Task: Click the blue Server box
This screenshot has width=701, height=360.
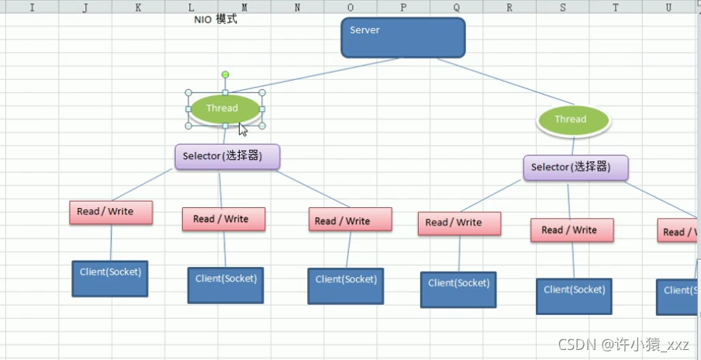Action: point(403,37)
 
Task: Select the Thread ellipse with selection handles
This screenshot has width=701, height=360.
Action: point(225,109)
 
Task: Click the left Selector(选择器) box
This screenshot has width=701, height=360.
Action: point(227,157)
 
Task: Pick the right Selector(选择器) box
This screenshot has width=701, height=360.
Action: point(575,168)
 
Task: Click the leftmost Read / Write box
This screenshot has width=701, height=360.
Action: point(111,212)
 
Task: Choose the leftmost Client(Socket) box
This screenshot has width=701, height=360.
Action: point(110,279)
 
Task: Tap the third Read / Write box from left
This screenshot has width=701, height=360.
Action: point(350,220)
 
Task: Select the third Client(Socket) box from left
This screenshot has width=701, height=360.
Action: point(346,286)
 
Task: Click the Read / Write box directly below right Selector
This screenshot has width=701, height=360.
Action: point(572,230)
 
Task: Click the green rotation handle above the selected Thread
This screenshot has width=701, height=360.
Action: point(226,75)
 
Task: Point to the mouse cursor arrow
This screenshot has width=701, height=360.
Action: point(243,129)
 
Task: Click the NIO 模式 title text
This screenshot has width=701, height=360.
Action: point(216,19)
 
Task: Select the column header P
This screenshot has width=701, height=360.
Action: point(403,7)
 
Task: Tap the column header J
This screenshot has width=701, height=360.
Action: point(85,7)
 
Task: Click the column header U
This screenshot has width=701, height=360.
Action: point(668,7)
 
